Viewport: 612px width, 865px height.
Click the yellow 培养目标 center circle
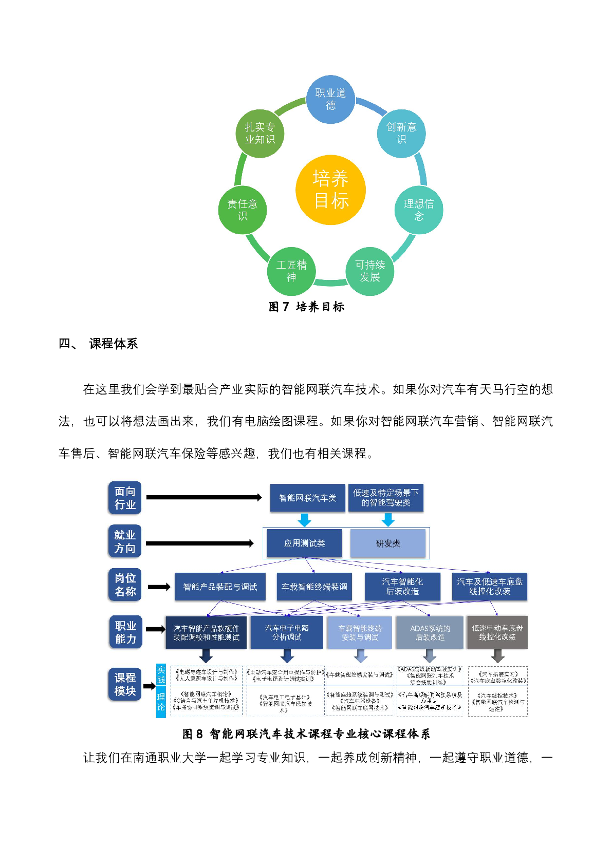[x=330, y=190]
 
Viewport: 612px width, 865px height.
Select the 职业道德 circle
[x=330, y=99]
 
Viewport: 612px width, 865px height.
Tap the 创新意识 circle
[x=401, y=133]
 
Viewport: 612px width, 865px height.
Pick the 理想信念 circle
[x=418, y=210]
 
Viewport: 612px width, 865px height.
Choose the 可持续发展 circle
[x=369, y=271]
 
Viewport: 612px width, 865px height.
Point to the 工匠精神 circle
[x=291, y=271]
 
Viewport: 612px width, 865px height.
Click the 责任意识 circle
[x=243, y=210]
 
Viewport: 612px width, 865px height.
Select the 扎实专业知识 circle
[x=259, y=133]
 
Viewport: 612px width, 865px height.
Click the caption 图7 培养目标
[x=306, y=307]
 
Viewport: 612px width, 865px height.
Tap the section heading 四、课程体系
[x=98, y=344]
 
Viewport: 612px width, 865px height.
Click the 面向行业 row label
[x=125, y=498]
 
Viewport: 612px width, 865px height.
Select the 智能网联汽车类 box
[x=307, y=498]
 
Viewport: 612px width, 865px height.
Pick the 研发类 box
[x=388, y=543]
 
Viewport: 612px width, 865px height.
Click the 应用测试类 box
[x=304, y=543]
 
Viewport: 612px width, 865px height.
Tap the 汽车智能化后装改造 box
[x=402, y=587]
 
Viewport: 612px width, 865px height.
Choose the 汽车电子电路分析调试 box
[x=287, y=632]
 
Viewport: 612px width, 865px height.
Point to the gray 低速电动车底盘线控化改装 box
[x=497, y=632]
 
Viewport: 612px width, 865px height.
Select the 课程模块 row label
[x=125, y=684]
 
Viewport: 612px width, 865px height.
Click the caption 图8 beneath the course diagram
[x=306, y=734]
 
